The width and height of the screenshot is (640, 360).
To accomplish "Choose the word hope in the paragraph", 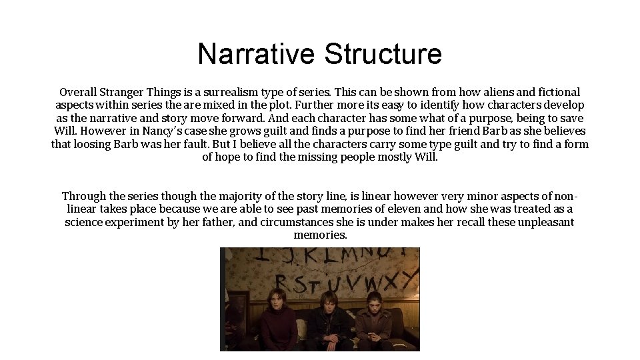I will click(x=231, y=157).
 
